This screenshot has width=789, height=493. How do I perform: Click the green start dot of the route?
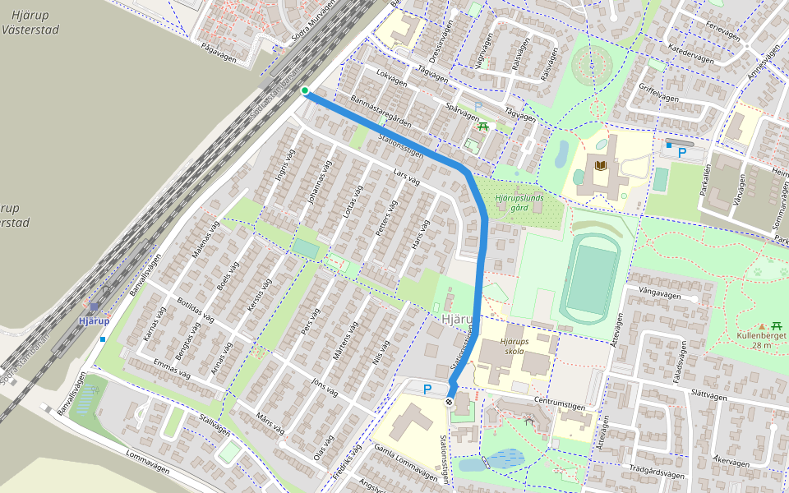[305, 90]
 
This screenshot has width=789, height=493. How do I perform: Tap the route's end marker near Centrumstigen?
[449, 402]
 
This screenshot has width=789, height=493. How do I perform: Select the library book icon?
[601, 166]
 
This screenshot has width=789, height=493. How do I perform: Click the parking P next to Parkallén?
[681, 152]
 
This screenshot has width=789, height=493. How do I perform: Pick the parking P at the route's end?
[426, 389]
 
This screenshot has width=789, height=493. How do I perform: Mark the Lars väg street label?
[407, 177]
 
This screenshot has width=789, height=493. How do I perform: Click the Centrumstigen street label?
[564, 402]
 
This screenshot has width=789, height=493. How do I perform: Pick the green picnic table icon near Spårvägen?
[483, 126]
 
